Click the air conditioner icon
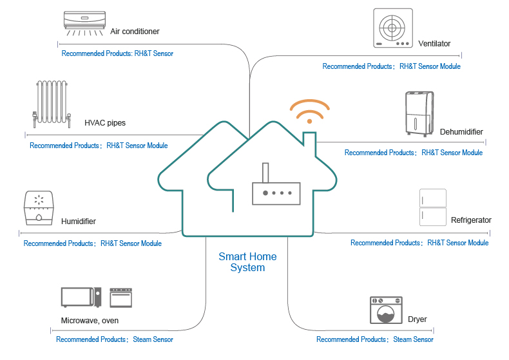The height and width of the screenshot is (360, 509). coord(84,23)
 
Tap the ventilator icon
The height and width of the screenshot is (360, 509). coord(393,28)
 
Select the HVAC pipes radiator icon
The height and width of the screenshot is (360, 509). coord(52,104)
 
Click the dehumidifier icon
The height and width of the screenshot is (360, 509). coord(419,114)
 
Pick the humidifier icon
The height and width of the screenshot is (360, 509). coord(39,208)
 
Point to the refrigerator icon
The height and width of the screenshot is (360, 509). coord(433,207)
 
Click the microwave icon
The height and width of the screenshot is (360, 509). coord(81,297)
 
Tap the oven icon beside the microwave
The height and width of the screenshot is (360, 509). coord(120,298)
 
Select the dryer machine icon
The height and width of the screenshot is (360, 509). coord(386,310)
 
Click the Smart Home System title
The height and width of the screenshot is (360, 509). coord(247,262)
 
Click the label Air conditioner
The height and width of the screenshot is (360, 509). coord(135,32)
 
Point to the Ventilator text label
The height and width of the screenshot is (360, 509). coord(434,44)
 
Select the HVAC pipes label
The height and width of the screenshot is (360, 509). coord(105,123)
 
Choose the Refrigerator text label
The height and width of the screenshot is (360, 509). coord(471,220)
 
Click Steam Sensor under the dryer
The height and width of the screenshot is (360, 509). coord(413,339)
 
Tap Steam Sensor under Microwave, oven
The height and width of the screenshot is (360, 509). coord(153,339)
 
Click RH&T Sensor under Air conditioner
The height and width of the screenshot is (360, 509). coord(153,53)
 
